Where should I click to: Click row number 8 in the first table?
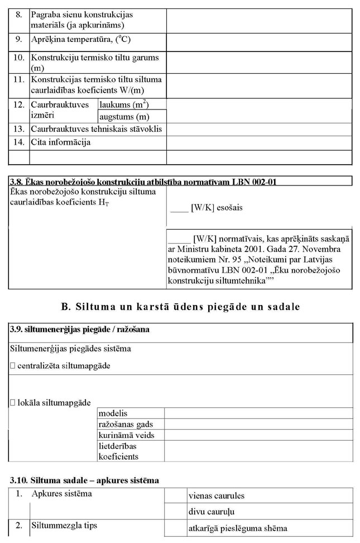19,15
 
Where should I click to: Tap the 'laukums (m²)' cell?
124,104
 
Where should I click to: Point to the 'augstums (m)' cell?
124,117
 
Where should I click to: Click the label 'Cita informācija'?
60,142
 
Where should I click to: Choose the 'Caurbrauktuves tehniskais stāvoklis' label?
96,129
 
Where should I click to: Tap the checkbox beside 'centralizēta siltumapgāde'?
13,366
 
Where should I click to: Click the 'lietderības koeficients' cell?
118,451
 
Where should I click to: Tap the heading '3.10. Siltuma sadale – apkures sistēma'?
85,480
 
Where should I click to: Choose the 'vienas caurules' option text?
217,496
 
